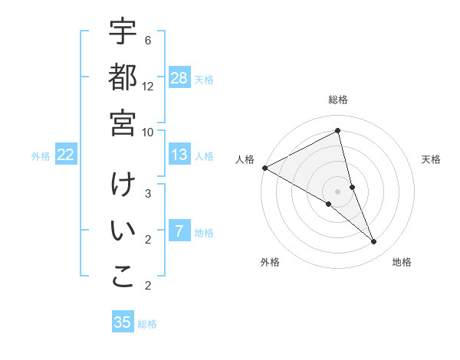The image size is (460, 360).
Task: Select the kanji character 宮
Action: click(123, 123)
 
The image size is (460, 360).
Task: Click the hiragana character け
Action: click(123, 187)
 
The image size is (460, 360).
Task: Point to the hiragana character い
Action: click(123, 232)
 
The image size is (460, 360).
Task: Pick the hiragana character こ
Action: click(123, 277)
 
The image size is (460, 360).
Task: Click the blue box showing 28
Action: click(179, 78)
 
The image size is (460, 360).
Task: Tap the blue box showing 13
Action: click(179, 155)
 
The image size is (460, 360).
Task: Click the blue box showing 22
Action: click(66, 155)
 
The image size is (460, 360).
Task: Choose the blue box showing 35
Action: click(123, 322)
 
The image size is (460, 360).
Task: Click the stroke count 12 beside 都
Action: click(148, 86)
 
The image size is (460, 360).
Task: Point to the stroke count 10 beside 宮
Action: click(148, 131)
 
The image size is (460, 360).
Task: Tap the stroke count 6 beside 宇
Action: click(148, 40)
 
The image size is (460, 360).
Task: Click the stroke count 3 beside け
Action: click(148, 193)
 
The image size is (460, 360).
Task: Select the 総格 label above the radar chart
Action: click(338, 100)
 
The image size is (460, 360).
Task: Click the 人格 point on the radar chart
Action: click(264, 168)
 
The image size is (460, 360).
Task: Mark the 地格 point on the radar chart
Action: click(374, 242)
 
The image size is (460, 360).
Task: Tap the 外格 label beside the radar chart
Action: click(270, 263)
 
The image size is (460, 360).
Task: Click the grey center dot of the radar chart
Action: click(338, 191)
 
